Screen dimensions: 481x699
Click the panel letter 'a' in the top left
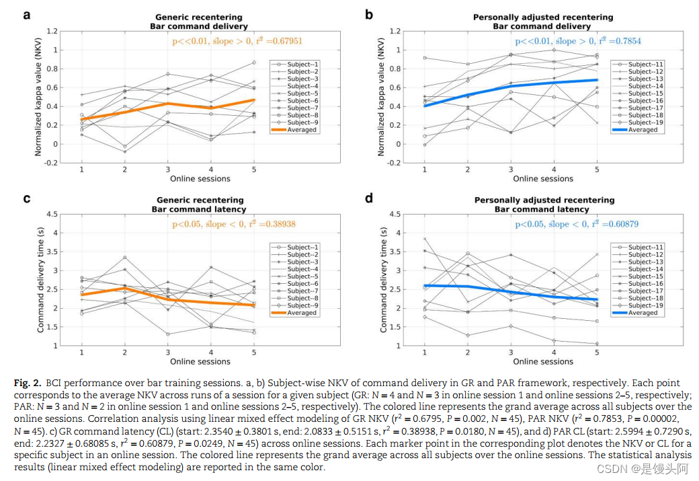click(27, 13)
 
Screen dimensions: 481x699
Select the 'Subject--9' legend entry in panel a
click(303, 122)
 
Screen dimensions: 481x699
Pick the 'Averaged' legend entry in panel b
click(643, 130)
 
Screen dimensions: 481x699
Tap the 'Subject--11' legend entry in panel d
click(643, 248)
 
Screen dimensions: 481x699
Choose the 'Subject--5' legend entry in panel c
click(303, 276)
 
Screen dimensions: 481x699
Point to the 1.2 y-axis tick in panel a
click(52, 31)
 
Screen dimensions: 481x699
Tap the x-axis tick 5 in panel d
click(596, 353)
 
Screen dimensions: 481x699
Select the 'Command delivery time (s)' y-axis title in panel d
click(384, 279)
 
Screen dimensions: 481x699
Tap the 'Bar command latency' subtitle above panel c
click(200, 209)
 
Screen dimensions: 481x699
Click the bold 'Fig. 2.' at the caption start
click(26, 383)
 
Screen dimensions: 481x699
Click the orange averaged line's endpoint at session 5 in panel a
click(254, 100)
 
